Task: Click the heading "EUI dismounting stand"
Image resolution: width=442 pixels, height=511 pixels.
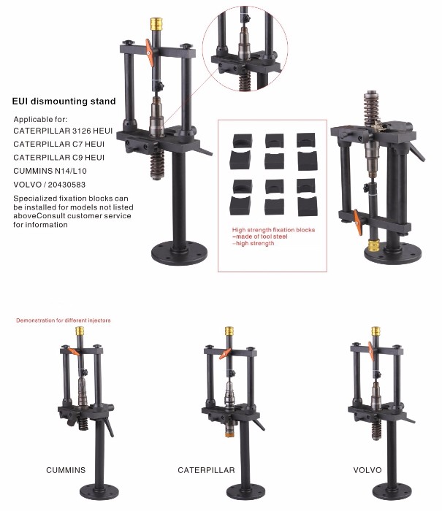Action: [64, 101]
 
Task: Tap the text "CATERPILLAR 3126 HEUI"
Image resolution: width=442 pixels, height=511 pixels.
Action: [63, 131]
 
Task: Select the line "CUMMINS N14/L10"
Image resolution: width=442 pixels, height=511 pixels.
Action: [50, 171]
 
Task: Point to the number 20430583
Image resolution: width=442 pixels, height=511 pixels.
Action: [66, 185]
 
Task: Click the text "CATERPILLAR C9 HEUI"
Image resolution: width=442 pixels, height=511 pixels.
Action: [59, 158]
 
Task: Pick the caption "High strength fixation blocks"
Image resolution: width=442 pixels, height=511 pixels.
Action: [273, 230]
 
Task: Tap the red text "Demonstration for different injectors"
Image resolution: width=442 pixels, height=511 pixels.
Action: [64, 320]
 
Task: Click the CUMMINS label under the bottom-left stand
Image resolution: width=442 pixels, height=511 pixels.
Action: [66, 470]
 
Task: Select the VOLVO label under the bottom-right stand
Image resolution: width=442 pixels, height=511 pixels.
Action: [367, 470]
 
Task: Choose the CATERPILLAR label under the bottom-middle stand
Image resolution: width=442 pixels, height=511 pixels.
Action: [206, 470]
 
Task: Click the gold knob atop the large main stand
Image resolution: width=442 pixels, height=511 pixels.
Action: [156, 24]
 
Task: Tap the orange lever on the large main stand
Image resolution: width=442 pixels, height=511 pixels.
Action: [149, 53]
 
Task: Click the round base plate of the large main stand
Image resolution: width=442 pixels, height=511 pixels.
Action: [180, 253]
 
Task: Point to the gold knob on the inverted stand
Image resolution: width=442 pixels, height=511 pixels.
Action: [374, 245]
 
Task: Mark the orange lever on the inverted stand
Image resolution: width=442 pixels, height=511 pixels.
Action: [358, 222]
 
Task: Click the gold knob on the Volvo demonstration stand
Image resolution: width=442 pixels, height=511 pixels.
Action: [376, 331]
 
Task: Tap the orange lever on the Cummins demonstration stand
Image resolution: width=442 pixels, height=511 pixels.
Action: [74, 352]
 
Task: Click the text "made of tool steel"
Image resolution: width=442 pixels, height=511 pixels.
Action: [262, 237]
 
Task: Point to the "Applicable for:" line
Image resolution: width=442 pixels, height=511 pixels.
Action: [40, 119]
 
